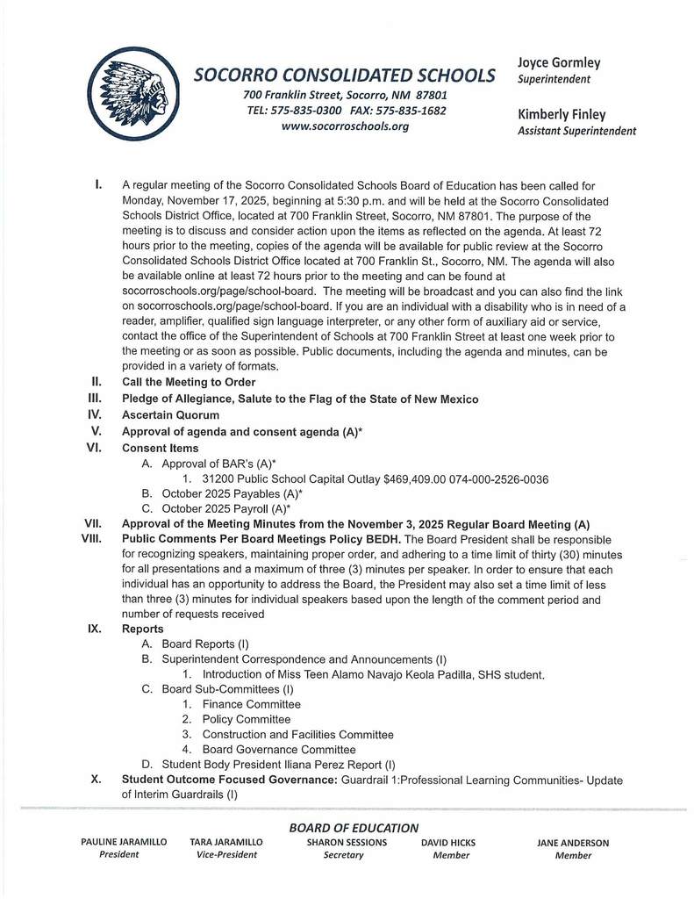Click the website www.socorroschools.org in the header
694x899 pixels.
coord(345,126)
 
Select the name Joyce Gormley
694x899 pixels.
coord(559,63)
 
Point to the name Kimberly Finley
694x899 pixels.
coord(562,115)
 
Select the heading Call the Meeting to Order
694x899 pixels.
coord(189,382)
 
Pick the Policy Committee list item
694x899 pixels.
coord(246,719)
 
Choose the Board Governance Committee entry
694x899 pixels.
coord(278,750)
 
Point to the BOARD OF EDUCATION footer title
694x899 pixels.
coord(354,828)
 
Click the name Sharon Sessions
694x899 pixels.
coord(342,843)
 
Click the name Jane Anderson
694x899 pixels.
coord(573,843)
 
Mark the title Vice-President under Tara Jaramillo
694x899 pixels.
coord(226,855)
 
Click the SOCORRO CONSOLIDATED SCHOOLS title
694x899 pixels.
coord(344,76)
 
